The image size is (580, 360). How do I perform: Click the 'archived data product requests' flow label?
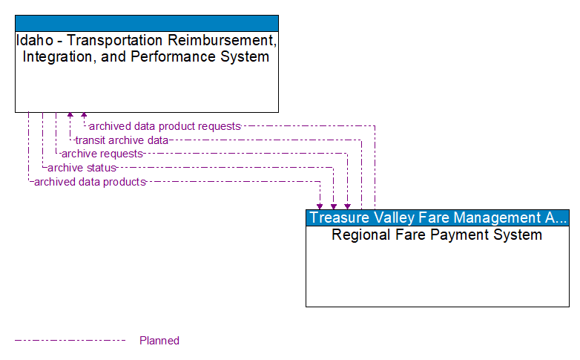pos(165,126)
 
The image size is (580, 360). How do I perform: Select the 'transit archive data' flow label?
pos(122,140)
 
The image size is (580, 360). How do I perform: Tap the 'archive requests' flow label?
pos(102,154)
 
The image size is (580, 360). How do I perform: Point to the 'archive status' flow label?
pos(82,168)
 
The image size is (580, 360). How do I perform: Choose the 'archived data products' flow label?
pos(89,182)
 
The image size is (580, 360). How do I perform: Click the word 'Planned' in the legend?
pos(159,341)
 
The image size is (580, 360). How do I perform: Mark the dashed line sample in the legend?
pos(70,341)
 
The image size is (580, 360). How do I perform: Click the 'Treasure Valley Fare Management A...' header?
pos(438,217)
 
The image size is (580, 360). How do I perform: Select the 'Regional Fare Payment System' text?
pos(437,235)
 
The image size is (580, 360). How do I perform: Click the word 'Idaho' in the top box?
pos(32,41)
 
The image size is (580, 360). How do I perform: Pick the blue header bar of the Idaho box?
pos(147,23)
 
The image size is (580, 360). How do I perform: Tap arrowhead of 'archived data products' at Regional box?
pos(320,206)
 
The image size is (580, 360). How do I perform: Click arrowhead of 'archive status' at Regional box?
pos(334,206)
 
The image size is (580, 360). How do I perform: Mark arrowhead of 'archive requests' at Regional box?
pos(347,206)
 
